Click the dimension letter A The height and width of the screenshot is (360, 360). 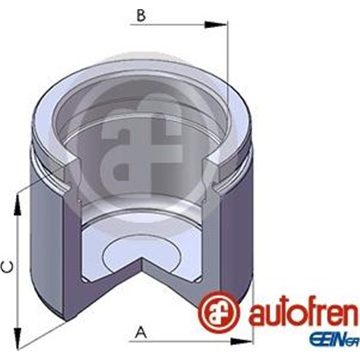(141, 333)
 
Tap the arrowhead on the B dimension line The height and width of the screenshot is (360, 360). (216, 24)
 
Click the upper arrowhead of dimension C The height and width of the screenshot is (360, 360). (18, 205)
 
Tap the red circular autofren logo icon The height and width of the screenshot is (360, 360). (219, 311)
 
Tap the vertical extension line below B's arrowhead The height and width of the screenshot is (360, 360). (228, 67)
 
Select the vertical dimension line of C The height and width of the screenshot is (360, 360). (18, 270)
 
